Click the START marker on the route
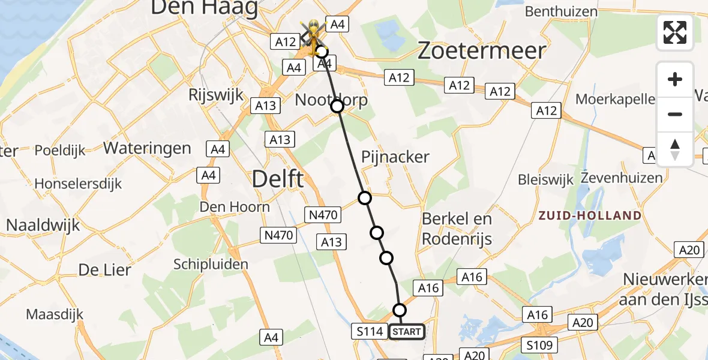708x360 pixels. pos(407,332)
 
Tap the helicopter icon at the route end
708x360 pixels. pos(313,37)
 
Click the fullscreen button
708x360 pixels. pos(675,32)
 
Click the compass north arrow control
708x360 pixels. pos(675,149)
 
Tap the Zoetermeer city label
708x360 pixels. pos(481,50)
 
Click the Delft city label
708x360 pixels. pos(278,179)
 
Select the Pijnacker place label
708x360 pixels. pos(395,157)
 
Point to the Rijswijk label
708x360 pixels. pos(215,95)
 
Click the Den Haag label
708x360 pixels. pos(204,8)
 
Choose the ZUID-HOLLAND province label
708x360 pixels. pos(590,216)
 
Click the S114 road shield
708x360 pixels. pos(369,331)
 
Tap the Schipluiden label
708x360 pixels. pos(211,264)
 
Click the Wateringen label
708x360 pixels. pos(148,148)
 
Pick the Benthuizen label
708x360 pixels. pos(561,11)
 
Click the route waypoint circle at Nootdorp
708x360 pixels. pos(337,106)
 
